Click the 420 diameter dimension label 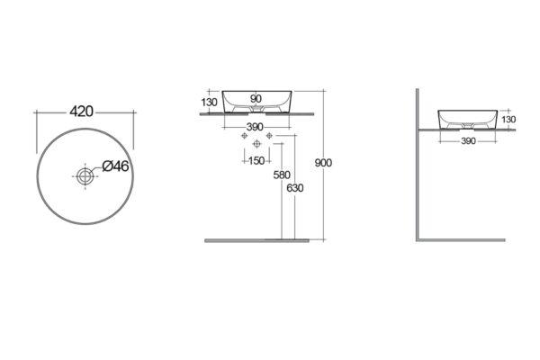[x=81, y=112]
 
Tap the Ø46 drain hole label [x=116, y=166]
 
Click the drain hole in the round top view [x=85, y=176]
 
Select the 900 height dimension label [x=323, y=163]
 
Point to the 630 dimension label [x=295, y=188]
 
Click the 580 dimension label [x=282, y=175]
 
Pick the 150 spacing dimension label [x=256, y=160]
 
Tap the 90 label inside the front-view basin [x=256, y=98]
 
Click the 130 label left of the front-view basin [x=209, y=103]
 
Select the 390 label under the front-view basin [x=255, y=127]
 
